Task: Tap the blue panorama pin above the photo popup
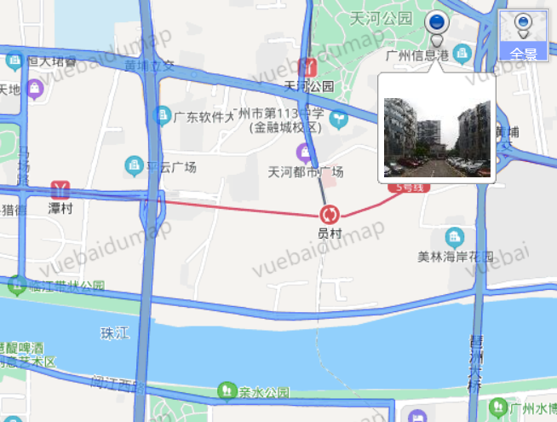438,26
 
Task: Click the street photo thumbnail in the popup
437,137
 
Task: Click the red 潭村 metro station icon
59,188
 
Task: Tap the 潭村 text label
58,207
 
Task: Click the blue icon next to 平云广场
134,165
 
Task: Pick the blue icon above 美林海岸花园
456,236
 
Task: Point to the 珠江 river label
112,332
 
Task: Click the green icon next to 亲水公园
225,391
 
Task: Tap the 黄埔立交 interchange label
149,65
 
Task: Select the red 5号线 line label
405,187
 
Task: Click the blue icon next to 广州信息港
461,54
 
